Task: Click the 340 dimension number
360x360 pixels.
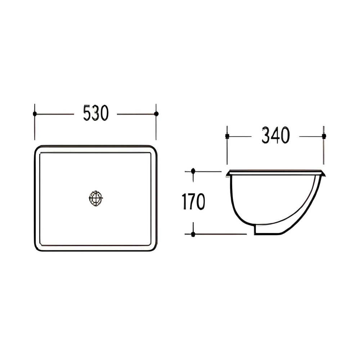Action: pos(275,136)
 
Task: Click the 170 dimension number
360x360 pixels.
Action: pos(193,202)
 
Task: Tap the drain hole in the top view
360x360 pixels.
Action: pos(96,199)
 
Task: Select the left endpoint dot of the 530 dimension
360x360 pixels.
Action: pos(35,114)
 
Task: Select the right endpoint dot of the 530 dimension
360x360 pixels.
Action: pos(156,114)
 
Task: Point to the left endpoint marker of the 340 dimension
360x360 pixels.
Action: pos(227,136)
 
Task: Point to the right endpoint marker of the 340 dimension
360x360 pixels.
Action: pos(324,136)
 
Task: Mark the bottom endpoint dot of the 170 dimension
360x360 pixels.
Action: pos(193,234)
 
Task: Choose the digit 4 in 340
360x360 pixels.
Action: pos(275,136)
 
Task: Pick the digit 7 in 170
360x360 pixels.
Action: pos(193,202)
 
